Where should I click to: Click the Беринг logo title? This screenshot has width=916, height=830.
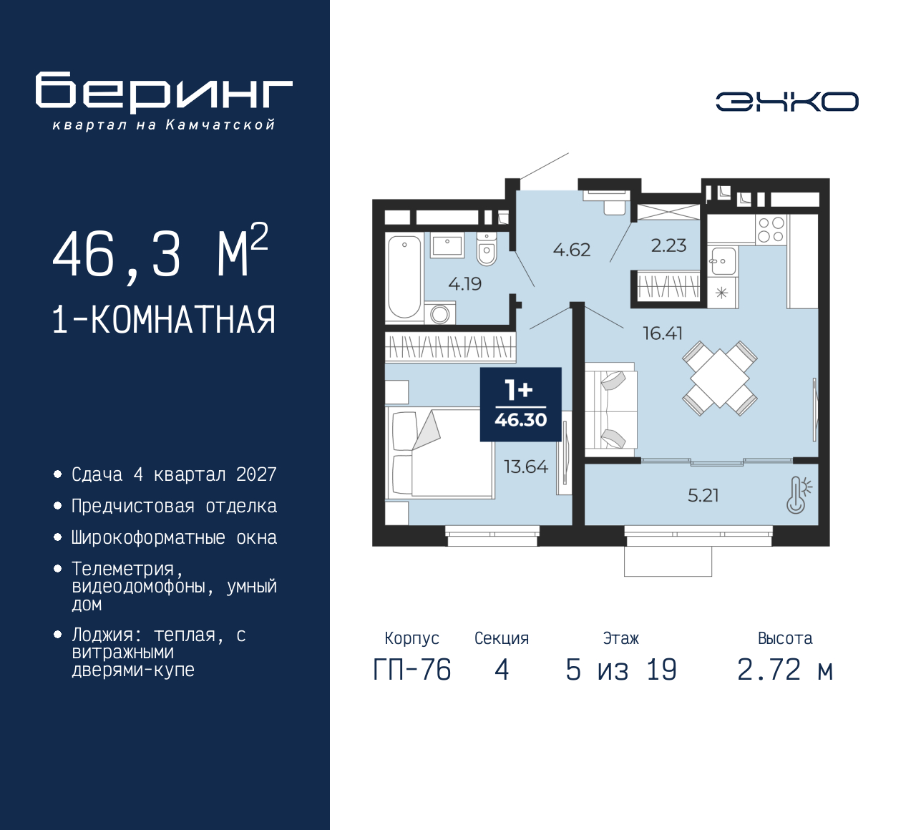(x=164, y=92)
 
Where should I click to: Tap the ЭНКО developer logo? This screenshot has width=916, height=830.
(x=786, y=102)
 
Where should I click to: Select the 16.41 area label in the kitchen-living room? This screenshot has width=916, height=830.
(x=662, y=333)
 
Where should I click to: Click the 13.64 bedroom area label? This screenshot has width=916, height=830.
(x=525, y=467)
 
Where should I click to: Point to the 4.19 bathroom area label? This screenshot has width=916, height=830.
(x=464, y=284)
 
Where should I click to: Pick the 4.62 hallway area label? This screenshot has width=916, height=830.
(x=571, y=250)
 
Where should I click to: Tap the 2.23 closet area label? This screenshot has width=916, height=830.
(x=668, y=245)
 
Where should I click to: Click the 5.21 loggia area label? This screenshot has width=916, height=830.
(x=703, y=495)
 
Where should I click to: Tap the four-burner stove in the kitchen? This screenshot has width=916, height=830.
(x=771, y=230)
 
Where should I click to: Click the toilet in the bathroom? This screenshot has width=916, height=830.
(x=487, y=249)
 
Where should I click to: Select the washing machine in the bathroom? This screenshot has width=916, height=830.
(x=439, y=313)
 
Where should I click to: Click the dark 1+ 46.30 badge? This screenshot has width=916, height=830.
(x=520, y=404)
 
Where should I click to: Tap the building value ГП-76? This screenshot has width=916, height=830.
(x=412, y=670)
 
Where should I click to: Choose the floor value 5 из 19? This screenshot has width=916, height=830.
(x=620, y=670)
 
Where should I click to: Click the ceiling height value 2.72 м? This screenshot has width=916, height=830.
(x=784, y=670)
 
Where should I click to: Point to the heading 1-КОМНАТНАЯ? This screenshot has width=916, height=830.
(x=164, y=320)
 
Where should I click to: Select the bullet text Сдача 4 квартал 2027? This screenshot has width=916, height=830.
(x=174, y=474)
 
